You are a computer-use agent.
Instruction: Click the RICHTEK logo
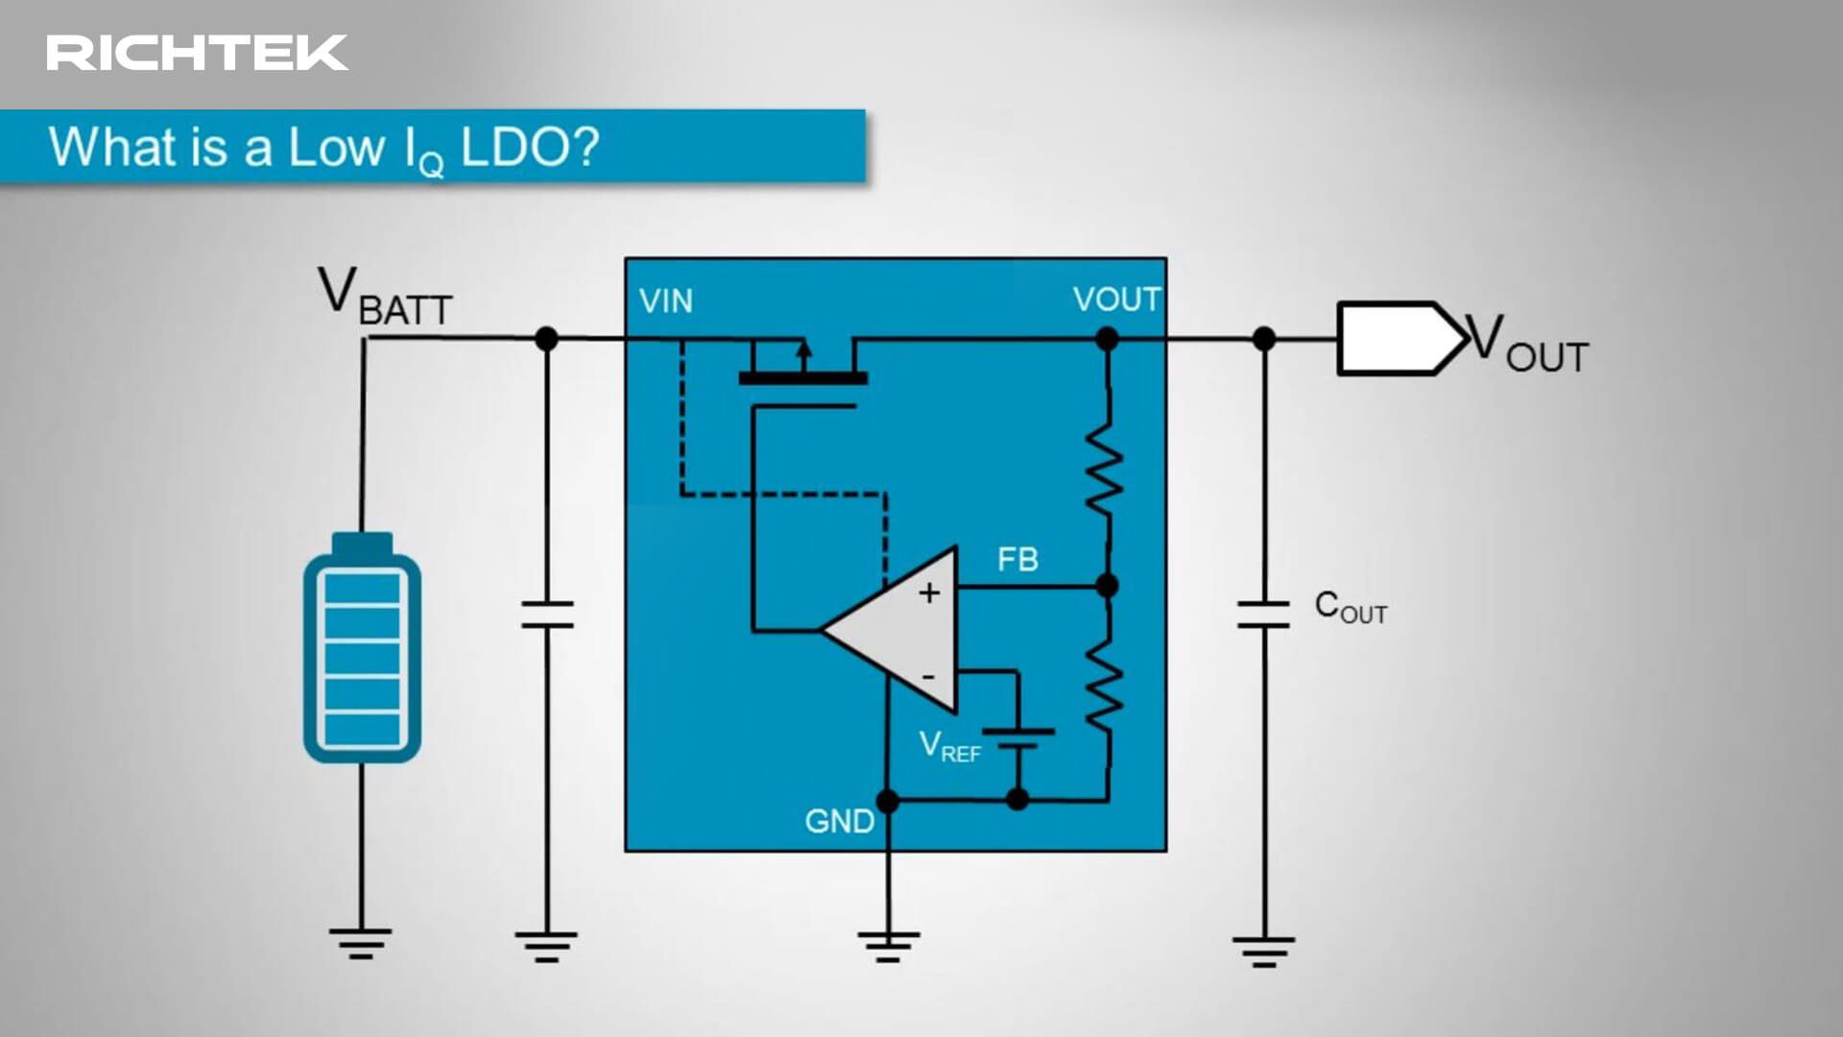pyautogui.click(x=197, y=53)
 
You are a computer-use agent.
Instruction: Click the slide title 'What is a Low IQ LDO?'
pyautogui.click(x=324, y=148)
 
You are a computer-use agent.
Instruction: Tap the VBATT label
pyautogui.click(x=384, y=299)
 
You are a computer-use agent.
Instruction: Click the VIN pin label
pyautogui.click(x=665, y=301)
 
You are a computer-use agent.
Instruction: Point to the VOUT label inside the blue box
pyautogui.click(x=1116, y=300)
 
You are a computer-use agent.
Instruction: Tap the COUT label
pyautogui.click(x=1351, y=607)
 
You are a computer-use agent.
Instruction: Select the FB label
pyautogui.click(x=1017, y=560)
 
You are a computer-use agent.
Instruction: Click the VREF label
pyautogui.click(x=949, y=746)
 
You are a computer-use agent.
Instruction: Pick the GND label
pyautogui.click(x=839, y=822)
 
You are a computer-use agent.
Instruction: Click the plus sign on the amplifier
pyautogui.click(x=928, y=593)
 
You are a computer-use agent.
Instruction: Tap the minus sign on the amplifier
pyautogui.click(x=928, y=677)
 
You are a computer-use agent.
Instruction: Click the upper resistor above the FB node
pyautogui.click(x=1105, y=470)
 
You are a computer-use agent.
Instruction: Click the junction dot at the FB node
pyautogui.click(x=1107, y=586)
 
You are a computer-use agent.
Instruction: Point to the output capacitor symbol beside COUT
pyautogui.click(x=1263, y=615)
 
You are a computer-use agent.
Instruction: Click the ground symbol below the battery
pyautogui.click(x=361, y=942)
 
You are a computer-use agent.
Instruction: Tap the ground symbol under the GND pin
pyautogui.click(x=889, y=945)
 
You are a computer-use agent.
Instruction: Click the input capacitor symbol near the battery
pyautogui.click(x=547, y=615)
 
